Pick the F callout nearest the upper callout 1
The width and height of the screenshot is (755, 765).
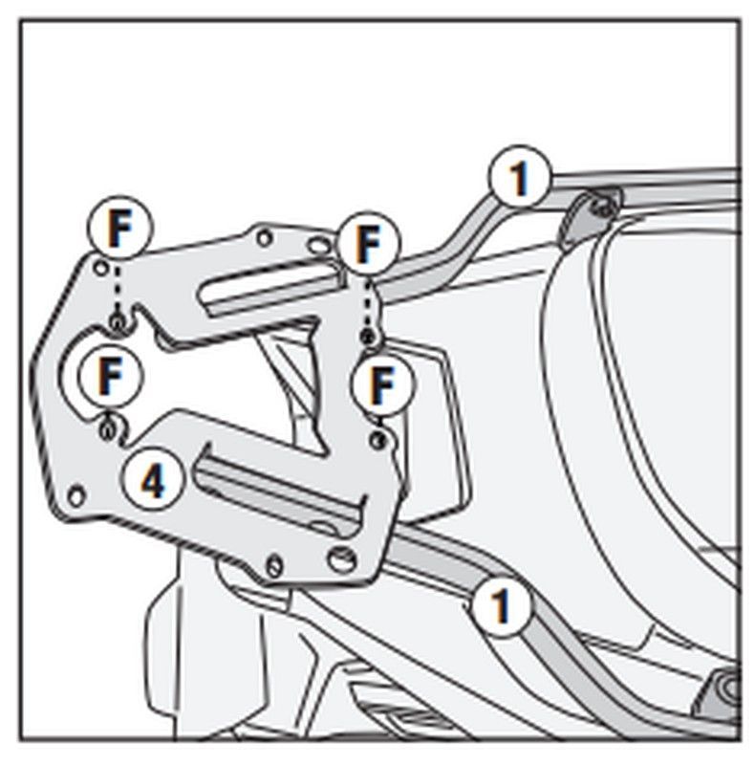pyautogui.click(x=365, y=244)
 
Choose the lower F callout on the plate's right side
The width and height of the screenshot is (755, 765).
pyautogui.click(x=383, y=384)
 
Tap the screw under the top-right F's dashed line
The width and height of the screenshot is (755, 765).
pyautogui.click(x=369, y=338)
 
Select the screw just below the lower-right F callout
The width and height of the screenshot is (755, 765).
pyautogui.click(x=378, y=440)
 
